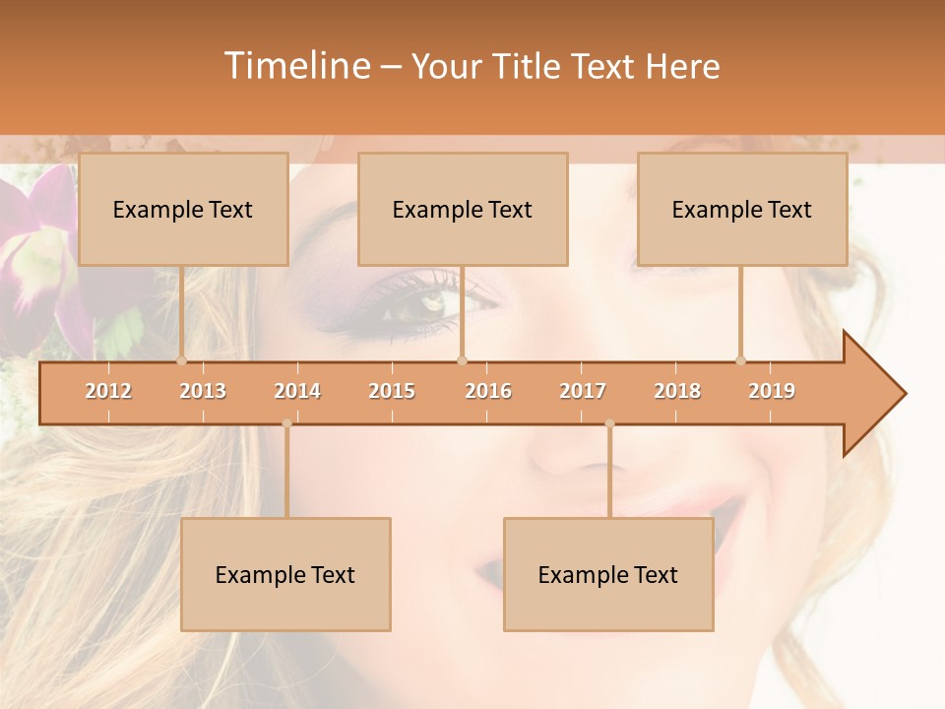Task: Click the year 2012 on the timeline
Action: [108, 391]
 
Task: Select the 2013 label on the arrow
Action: [203, 391]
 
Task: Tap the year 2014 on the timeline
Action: [297, 391]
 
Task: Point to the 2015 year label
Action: [392, 391]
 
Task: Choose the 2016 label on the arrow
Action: [488, 391]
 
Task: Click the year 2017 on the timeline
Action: [583, 391]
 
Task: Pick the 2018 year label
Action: [677, 391]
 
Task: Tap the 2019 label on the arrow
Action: [772, 391]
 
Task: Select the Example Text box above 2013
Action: [183, 209]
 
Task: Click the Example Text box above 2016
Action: [463, 209]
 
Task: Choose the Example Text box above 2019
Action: [742, 209]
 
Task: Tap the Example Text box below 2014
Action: [285, 574]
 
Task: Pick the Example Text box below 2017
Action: [608, 574]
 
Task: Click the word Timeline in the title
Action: [295, 66]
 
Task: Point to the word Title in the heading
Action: [528, 67]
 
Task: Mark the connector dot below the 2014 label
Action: [286, 423]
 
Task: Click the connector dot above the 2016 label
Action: [463, 360]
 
